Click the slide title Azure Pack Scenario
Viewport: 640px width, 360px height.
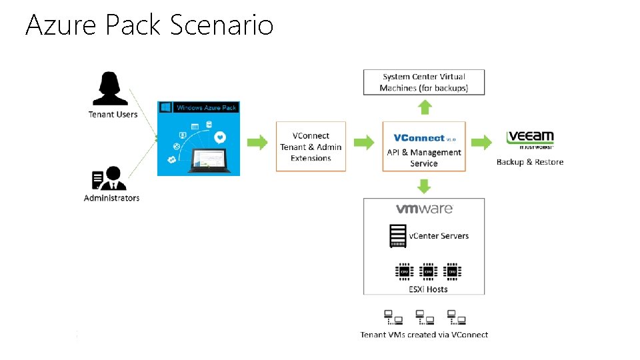click(x=149, y=25)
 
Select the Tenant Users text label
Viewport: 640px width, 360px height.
click(x=113, y=114)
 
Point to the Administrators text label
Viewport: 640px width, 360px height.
click(x=111, y=198)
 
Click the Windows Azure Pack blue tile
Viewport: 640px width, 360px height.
click(x=198, y=139)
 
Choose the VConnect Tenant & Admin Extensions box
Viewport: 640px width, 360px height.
click(x=311, y=147)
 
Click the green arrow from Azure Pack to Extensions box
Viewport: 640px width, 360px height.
click(x=257, y=141)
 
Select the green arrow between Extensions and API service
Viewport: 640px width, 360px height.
click(x=364, y=141)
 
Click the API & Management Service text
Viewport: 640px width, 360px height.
click(x=424, y=158)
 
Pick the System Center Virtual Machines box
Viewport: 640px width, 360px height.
click(x=424, y=82)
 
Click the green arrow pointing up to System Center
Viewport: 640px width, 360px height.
click(x=425, y=107)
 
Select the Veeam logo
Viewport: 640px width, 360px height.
click(x=530, y=139)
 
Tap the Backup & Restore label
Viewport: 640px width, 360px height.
click(x=530, y=162)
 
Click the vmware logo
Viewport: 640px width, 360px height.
click(x=424, y=209)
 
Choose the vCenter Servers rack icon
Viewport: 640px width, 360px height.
click(x=397, y=235)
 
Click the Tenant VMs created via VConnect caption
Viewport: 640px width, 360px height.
click(x=424, y=335)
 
